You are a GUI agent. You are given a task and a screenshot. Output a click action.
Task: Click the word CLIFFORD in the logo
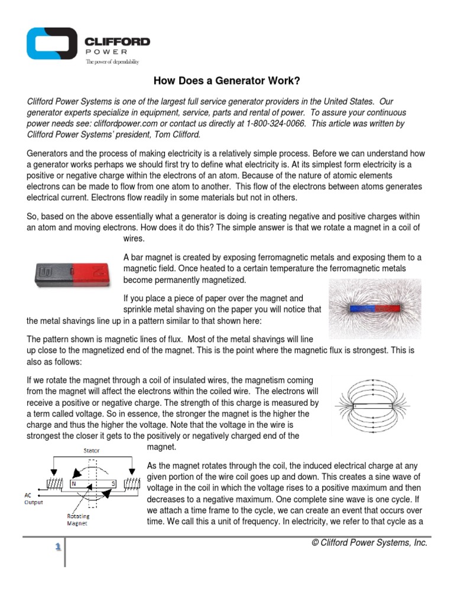(x=117, y=42)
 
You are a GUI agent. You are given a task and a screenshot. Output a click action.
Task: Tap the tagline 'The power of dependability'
(x=112, y=61)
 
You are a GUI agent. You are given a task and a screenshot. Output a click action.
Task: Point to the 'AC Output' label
(x=33, y=497)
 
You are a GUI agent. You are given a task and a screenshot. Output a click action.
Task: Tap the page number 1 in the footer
(x=58, y=547)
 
